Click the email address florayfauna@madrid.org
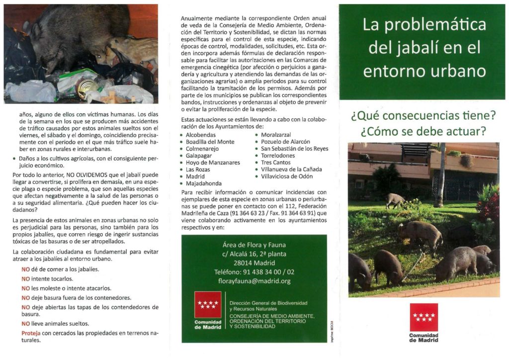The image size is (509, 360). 254,281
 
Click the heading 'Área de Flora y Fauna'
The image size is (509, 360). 254,244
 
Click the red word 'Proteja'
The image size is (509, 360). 30,333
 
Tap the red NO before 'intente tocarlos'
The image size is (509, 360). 26,278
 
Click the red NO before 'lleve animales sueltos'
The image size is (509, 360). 26,324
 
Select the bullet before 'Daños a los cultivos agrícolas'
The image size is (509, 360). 15,159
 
